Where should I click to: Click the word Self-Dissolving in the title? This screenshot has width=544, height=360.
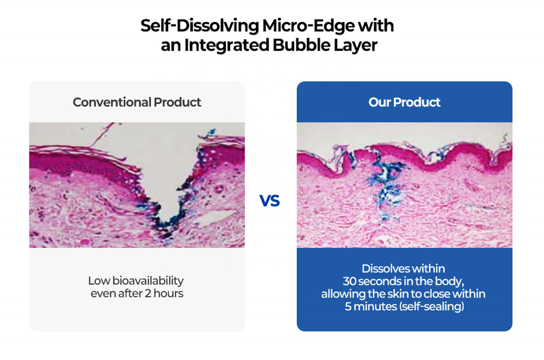(199, 26)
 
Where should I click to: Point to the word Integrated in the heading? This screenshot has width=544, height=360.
(227, 45)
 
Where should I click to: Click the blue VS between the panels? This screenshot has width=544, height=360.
(270, 201)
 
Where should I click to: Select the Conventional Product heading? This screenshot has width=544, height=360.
(137, 102)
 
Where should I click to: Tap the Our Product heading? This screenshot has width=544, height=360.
(404, 102)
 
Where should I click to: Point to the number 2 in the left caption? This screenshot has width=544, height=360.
(148, 293)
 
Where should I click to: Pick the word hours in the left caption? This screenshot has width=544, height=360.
(168, 293)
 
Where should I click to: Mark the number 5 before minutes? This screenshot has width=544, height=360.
(348, 307)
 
